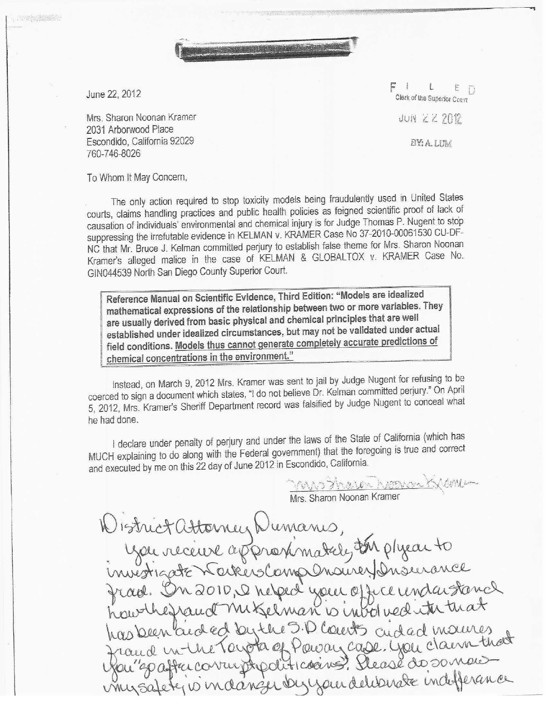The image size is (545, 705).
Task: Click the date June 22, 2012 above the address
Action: click(113, 94)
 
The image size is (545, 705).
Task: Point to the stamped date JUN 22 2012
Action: click(430, 119)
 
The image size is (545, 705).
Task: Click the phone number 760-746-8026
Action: click(113, 153)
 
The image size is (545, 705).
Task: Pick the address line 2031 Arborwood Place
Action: click(130, 129)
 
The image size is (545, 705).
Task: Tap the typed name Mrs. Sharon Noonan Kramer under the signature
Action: click(345, 497)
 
